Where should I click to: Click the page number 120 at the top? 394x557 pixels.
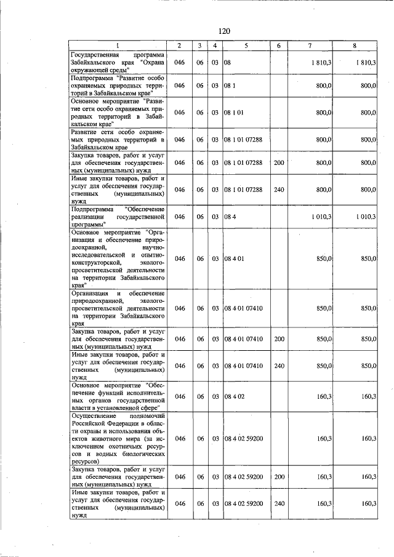pos(223,31)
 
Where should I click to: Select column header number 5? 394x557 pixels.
pos(246,46)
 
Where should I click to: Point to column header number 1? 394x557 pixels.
pos(118,46)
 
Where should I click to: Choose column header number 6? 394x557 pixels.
pos(279,46)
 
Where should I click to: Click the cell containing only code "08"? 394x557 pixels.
pos(227,63)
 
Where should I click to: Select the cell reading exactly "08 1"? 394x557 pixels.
pos(230,86)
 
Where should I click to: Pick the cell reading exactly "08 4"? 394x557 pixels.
pos(230,217)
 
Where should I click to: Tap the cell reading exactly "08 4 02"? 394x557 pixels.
pos(234,397)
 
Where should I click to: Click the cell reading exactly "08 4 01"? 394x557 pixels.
pos(234,259)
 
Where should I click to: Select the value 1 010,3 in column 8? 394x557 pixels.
pos(366,217)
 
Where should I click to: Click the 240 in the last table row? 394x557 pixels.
pos(279,503)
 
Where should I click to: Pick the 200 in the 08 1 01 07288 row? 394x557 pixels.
pos(279,162)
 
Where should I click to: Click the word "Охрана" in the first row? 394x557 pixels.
pos(152,63)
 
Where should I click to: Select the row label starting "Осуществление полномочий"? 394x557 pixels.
pos(118,438)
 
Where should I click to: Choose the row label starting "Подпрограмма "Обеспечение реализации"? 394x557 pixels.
pos(118,217)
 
